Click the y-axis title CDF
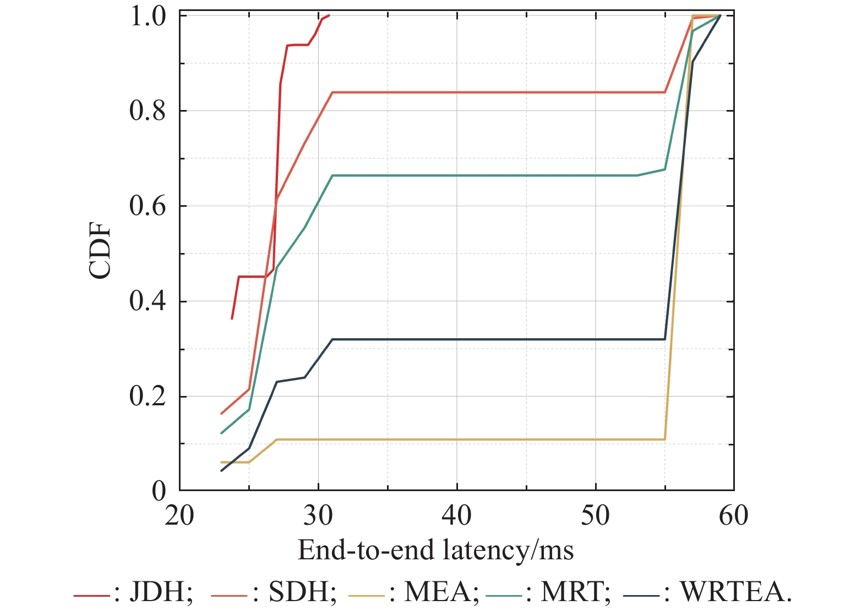coord(100,251)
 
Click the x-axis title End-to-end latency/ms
coord(435,550)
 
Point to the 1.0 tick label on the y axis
coord(148,16)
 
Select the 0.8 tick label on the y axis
coord(148,111)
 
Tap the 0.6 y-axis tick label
coord(148,206)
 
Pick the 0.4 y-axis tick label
coord(148,301)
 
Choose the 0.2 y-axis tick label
coord(148,397)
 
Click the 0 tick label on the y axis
coord(159,491)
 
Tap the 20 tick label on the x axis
coord(179,516)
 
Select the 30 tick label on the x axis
coord(318,516)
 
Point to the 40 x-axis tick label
coord(457,516)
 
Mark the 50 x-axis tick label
coord(596,516)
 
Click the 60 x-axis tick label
coord(734,516)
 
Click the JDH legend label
coord(160,592)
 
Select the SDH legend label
coord(302,592)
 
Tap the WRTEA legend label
coord(735,592)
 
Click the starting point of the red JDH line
coord(232,318)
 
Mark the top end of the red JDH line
coord(329,15)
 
